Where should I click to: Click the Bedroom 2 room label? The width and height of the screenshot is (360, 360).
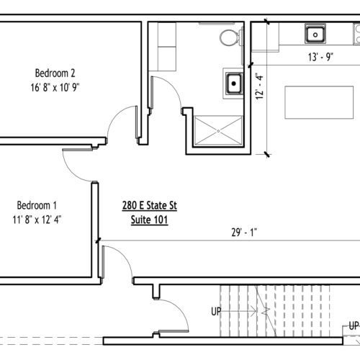(55, 73)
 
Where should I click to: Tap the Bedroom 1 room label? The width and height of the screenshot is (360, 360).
(37, 205)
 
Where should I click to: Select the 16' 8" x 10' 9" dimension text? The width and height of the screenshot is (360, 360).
(55, 87)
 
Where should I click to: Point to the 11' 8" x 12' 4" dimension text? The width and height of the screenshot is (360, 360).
(37, 220)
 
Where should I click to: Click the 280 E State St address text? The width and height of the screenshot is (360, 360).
(150, 206)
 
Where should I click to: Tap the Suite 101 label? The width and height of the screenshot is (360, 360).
(149, 220)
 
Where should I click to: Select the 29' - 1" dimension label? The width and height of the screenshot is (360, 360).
(244, 233)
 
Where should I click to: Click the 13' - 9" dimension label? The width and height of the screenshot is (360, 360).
(320, 57)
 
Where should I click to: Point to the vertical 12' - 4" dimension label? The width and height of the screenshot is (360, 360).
(259, 86)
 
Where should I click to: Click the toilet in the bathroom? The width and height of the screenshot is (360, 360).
(231, 37)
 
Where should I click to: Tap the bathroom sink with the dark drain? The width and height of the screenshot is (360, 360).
(234, 84)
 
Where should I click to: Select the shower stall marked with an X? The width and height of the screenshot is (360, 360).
(218, 131)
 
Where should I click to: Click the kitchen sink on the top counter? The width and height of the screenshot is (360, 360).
(315, 34)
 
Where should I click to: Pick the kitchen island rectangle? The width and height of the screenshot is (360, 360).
(319, 102)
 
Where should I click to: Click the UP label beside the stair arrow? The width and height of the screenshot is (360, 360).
(216, 312)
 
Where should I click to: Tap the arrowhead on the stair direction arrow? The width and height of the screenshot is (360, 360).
(254, 311)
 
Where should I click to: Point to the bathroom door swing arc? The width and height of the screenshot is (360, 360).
(171, 86)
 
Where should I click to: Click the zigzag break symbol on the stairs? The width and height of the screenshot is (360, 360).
(266, 311)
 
